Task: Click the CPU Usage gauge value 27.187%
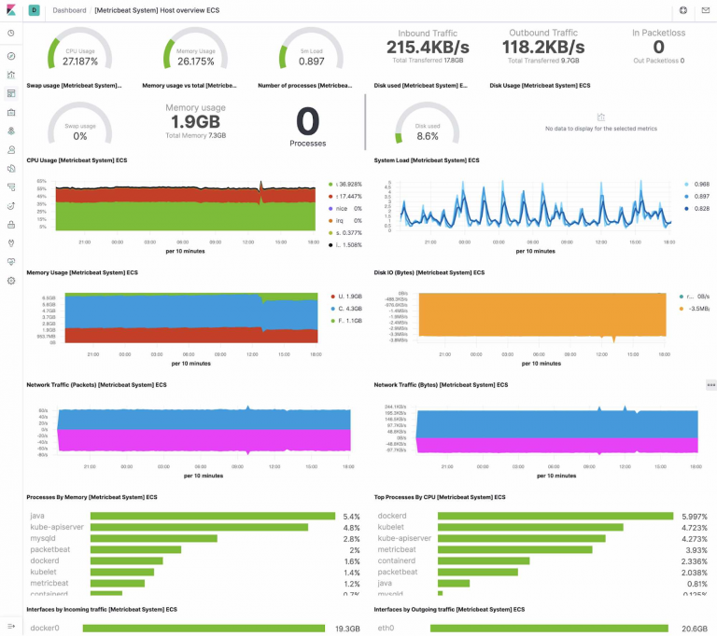[x=79, y=61]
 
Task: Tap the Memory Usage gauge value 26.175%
[x=195, y=61]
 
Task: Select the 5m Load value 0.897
[x=311, y=61]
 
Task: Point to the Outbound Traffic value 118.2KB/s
[x=542, y=47]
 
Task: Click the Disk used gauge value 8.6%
[x=427, y=136]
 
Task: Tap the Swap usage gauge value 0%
[x=80, y=136]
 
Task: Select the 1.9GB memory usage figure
[x=195, y=122]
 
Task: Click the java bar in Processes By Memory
[x=211, y=516]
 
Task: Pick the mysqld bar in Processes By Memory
[x=152, y=538]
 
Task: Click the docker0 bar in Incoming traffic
[x=204, y=629]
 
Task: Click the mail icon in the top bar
[x=706, y=9]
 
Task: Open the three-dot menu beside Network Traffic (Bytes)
[x=710, y=384]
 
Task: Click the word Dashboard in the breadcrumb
[x=69, y=9]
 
